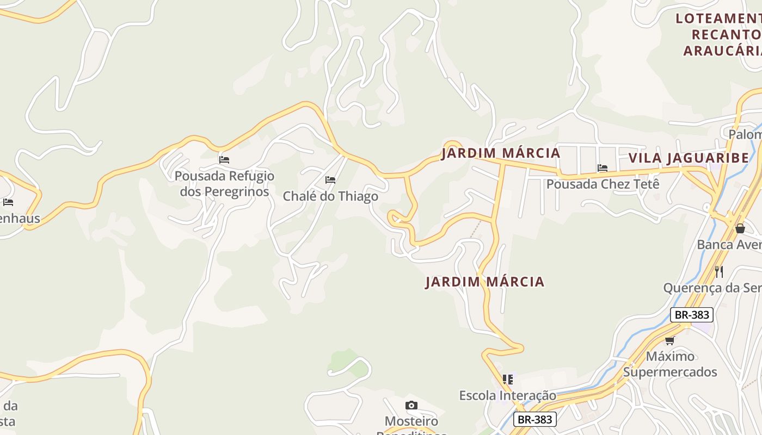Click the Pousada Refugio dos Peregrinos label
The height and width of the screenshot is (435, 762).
224,184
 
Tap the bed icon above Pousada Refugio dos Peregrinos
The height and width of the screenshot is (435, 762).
224,160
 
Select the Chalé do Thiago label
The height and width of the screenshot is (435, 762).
330,196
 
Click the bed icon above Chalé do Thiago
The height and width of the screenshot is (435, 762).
330,180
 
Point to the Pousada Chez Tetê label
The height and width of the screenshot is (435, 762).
603,184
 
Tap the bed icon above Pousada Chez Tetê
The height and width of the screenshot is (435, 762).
603,168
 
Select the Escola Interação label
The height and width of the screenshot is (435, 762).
507,395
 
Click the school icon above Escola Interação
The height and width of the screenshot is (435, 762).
508,379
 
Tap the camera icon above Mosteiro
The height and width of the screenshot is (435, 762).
411,405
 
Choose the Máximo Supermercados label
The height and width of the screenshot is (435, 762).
670,364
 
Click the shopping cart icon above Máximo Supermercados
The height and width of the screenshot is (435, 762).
669,340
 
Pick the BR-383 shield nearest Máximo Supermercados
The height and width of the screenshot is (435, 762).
691,314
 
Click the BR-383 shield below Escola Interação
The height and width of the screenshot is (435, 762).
535,419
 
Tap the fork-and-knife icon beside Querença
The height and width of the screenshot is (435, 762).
719,271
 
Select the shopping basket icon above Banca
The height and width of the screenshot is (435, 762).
740,228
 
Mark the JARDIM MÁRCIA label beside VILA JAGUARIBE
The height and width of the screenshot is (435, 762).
501,153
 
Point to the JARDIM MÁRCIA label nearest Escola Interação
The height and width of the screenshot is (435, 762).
484,282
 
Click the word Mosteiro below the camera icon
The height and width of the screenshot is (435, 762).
411,421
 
